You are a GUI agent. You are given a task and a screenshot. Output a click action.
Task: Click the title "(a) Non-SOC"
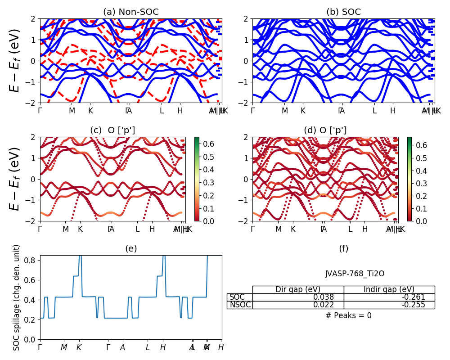[x=131, y=12]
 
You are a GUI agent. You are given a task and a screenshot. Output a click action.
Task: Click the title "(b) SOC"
[x=343, y=12]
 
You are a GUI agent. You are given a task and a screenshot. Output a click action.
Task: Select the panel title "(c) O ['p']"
[x=112, y=130]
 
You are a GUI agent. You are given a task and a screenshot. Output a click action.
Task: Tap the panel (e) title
[x=131, y=249]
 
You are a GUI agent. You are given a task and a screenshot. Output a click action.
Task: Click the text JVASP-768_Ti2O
[x=355, y=274]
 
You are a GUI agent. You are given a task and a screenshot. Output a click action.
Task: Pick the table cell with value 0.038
[x=298, y=297]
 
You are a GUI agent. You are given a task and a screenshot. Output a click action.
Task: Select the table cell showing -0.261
[x=389, y=297]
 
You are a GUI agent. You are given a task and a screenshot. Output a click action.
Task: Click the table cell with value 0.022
[x=298, y=305]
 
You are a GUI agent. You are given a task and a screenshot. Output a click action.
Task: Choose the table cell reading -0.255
[x=389, y=305]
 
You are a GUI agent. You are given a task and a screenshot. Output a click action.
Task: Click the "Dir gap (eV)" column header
[x=298, y=289]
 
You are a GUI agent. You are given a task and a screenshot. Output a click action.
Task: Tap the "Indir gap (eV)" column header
[x=389, y=289]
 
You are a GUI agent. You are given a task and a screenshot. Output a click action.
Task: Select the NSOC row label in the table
[x=239, y=305]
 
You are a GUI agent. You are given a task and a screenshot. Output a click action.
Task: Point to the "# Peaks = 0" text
[x=348, y=315]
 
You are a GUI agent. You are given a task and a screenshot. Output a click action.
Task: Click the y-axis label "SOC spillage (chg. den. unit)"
[x=17, y=297]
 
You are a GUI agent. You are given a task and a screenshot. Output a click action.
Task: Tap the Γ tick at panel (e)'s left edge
[x=40, y=347]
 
